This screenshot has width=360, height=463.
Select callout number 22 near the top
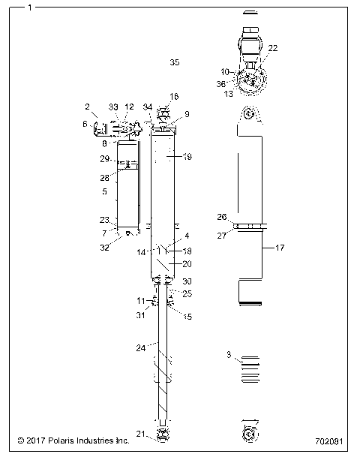(x=272, y=47)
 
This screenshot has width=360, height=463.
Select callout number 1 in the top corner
(x=29, y=8)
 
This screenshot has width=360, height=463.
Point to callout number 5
(x=105, y=192)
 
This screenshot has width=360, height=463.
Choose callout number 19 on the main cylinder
(x=187, y=157)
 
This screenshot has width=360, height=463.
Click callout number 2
(x=87, y=107)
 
